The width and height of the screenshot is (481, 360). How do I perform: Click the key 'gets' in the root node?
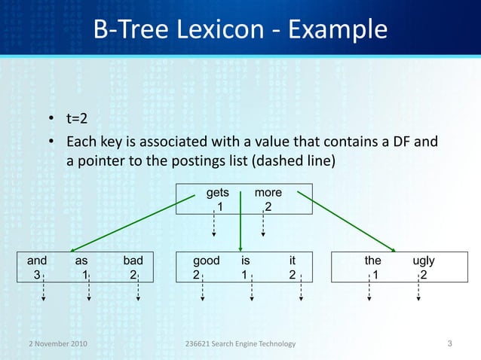point(218,193)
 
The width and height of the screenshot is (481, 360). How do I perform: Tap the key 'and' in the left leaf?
point(37,261)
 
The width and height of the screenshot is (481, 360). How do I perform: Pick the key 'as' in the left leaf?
point(81,261)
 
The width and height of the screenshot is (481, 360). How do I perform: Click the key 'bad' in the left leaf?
point(133,261)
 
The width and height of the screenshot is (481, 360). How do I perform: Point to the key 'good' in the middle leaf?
point(206,261)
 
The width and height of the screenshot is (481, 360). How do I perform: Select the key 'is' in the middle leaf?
point(246,261)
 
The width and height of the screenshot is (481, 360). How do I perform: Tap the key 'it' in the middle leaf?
point(293,261)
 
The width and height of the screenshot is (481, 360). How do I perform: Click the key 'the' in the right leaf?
point(372,261)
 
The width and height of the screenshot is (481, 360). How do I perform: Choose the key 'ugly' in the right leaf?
point(424,261)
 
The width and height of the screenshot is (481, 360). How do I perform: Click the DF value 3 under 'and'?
point(37,275)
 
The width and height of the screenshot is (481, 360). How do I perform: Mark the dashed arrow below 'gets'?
point(213,222)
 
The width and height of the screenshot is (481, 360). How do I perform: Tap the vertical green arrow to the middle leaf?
point(240,218)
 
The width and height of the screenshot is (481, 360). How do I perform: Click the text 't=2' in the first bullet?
point(83,119)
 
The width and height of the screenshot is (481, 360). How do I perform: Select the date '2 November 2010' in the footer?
point(53,344)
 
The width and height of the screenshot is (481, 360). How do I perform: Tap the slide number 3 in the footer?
point(449,344)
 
